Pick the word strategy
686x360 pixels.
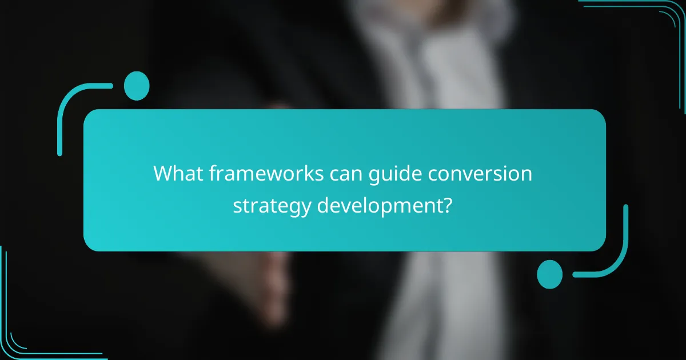click(272, 206)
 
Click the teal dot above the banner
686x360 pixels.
click(137, 86)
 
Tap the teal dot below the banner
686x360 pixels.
click(549, 274)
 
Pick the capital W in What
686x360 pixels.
click(163, 174)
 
